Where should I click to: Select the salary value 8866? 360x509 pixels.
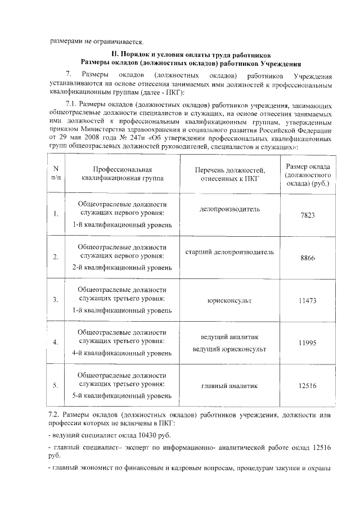pos(308,258)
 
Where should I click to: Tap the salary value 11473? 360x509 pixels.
pos(308,301)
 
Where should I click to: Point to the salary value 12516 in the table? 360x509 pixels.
pos(308,386)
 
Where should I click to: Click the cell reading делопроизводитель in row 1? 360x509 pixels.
pos(229,209)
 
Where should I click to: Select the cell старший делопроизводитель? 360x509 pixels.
pos(229,252)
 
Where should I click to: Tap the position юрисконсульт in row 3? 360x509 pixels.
pos(229,301)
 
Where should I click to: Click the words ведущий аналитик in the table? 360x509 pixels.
pos(229,336)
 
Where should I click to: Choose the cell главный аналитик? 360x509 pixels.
pos(229,386)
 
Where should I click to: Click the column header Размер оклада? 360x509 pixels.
pos(308,174)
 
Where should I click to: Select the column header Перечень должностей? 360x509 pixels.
pos(229,174)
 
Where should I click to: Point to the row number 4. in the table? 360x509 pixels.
pos(56,343)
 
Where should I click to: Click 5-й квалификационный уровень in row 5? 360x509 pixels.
pos(122,396)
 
